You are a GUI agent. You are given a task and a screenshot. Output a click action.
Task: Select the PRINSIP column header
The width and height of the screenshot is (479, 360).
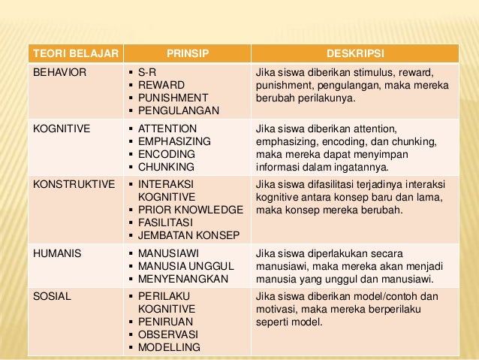[x=187, y=54]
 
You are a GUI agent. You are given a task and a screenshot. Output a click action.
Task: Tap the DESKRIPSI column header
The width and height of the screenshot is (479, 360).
[x=354, y=54]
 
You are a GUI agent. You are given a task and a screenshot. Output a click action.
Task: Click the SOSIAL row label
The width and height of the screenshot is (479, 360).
[x=52, y=295]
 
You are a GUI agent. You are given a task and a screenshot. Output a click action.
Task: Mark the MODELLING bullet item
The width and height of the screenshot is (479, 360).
[x=169, y=347]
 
